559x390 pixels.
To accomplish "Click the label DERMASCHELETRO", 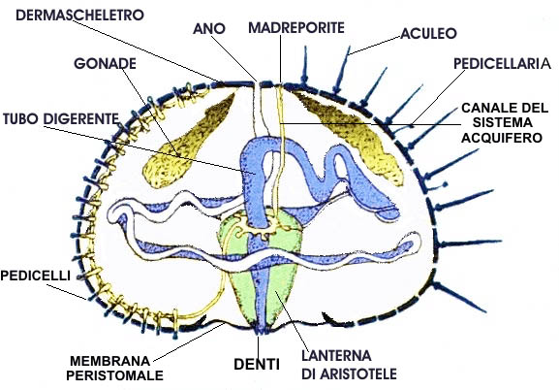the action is pyautogui.click(x=79, y=15).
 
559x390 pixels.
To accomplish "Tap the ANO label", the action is pyautogui.click(x=209, y=29).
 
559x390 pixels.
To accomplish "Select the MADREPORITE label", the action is pyautogui.click(x=296, y=27).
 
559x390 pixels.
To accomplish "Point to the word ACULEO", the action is pyautogui.click(x=428, y=33).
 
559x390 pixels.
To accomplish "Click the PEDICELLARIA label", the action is pyautogui.click(x=502, y=64).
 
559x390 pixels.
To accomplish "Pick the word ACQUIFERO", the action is pyautogui.click(x=502, y=138).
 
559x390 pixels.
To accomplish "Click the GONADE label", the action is pyautogui.click(x=106, y=64).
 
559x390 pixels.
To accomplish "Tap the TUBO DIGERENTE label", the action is pyautogui.click(x=61, y=119).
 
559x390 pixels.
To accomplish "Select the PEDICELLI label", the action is pyautogui.click(x=35, y=276).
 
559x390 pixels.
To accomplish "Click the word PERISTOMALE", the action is pyautogui.click(x=114, y=375).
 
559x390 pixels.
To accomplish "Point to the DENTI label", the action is pyautogui.click(x=257, y=364).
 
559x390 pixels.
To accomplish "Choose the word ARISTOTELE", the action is pyautogui.click(x=357, y=374).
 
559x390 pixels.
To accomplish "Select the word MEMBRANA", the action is pyautogui.click(x=109, y=361).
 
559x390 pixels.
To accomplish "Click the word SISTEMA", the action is pyautogui.click(x=502, y=122).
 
